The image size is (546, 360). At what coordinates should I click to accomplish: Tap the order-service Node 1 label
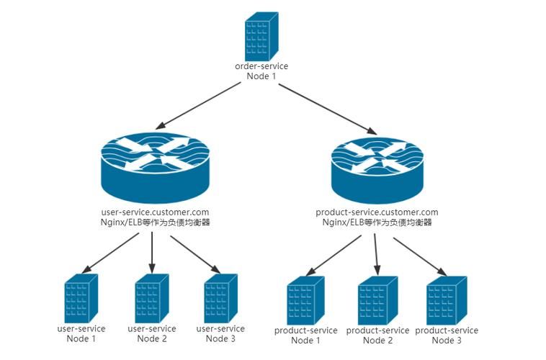[261, 71]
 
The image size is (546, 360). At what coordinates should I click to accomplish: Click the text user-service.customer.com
[156, 212]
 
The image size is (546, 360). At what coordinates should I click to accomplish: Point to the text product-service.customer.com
[377, 212]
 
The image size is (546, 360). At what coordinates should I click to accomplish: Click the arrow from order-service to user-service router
[201, 105]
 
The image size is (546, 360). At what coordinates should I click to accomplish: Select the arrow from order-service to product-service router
[328, 109]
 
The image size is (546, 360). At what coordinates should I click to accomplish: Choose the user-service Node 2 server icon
[151, 298]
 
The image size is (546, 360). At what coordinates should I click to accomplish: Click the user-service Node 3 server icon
[220, 298]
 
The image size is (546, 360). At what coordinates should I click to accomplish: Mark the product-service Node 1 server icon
[305, 302]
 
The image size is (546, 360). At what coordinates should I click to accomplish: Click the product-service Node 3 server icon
[445, 302]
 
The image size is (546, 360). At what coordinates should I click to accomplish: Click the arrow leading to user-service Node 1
[112, 253]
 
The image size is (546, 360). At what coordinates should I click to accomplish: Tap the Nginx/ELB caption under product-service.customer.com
[377, 223]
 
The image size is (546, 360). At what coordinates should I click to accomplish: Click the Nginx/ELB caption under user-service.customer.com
[156, 223]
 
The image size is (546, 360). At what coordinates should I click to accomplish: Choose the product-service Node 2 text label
[377, 336]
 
